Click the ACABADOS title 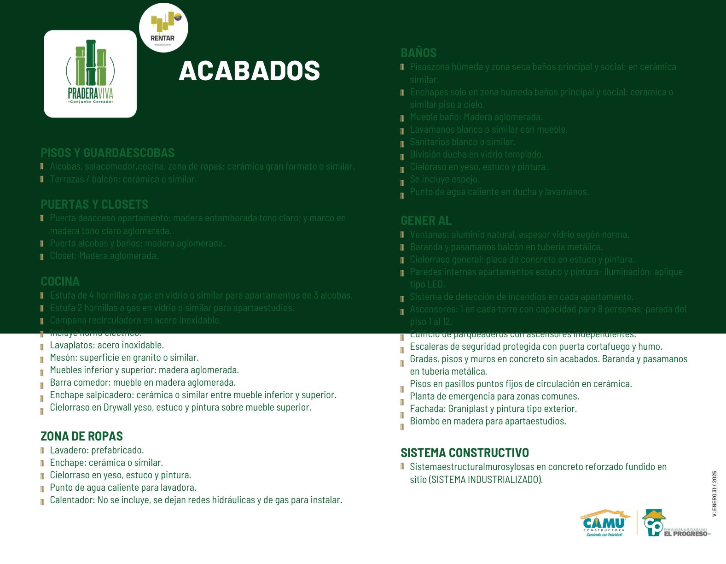click(x=249, y=70)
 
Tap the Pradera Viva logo click(x=90, y=74)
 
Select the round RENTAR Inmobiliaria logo click(x=163, y=28)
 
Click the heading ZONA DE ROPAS click(x=81, y=436)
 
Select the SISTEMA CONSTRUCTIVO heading click(x=465, y=452)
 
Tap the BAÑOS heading click(x=418, y=53)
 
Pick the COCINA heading click(x=60, y=281)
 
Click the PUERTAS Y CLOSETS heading click(x=94, y=204)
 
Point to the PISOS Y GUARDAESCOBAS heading click(x=107, y=153)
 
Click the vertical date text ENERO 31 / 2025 click(x=714, y=493)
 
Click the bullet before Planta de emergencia click(x=402, y=402)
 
